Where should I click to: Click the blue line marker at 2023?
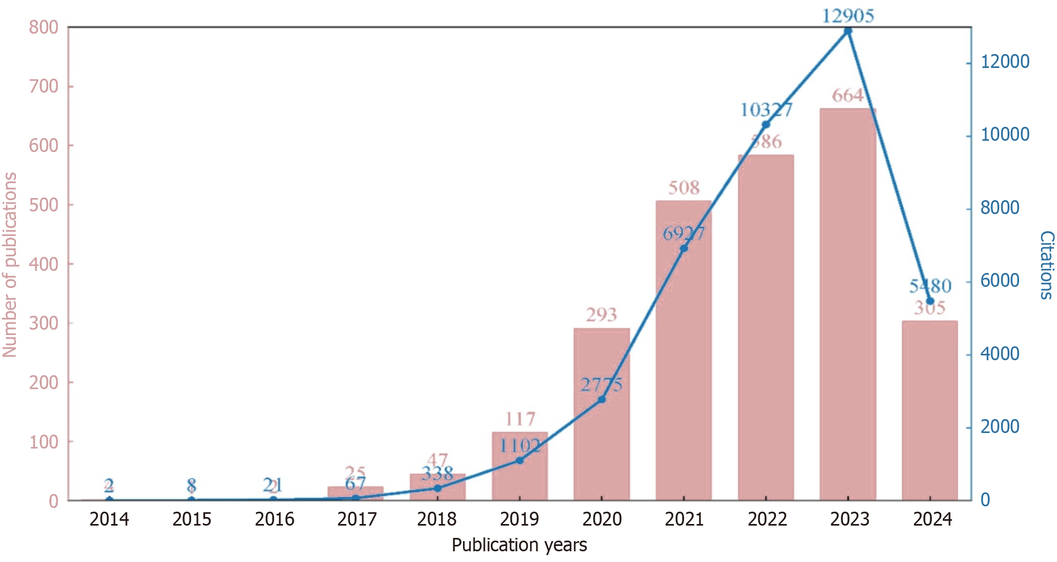(x=848, y=31)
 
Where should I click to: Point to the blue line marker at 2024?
(x=930, y=301)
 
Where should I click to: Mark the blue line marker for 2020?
(x=602, y=400)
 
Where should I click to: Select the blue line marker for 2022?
(x=766, y=125)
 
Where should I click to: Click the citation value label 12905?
(x=848, y=16)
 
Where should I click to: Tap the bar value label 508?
(x=684, y=187)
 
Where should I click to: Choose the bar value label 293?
(x=602, y=314)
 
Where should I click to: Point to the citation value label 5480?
(x=930, y=286)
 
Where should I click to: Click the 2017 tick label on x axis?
(x=356, y=519)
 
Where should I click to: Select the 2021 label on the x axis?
(x=684, y=519)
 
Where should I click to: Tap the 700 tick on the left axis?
(x=44, y=86)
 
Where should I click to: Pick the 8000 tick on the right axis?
(x=1000, y=208)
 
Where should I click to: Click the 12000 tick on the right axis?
(x=1005, y=62)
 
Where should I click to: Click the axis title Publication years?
(x=519, y=545)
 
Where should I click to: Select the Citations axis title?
(x=1046, y=265)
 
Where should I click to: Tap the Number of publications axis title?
(x=10, y=265)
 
